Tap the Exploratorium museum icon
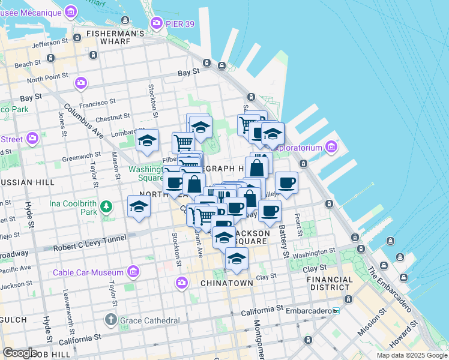[331, 146]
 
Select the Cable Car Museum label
[88, 272]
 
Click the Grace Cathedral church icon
[111, 319]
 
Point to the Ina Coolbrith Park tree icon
[106, 207]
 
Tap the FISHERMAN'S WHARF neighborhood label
[115, 34]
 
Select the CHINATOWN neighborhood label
[226, 283]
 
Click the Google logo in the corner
[20, 352]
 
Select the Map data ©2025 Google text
[412, 355]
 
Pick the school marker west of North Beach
[139, 206]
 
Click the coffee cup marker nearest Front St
[286, 182]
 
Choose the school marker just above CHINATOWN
[237, 259]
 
